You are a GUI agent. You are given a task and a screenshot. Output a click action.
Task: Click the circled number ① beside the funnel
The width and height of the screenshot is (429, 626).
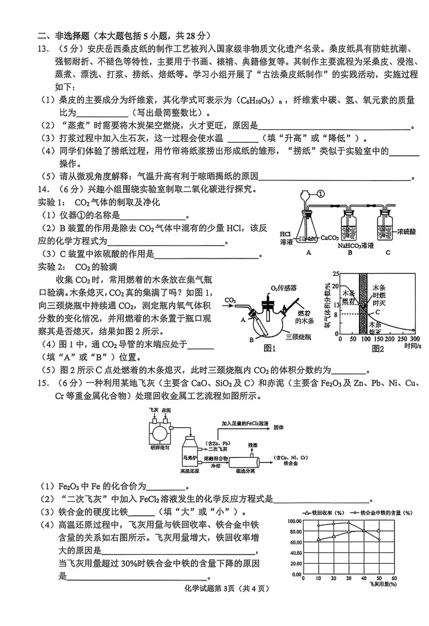321,194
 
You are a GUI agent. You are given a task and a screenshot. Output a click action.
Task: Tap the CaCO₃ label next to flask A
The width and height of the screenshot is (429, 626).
329,238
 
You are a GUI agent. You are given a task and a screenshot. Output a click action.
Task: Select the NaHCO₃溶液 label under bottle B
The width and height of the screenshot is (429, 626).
356,246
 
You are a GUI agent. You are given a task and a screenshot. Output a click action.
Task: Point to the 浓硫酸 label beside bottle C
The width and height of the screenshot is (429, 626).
406,231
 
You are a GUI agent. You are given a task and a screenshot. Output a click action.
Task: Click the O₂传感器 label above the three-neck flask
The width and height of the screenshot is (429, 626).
283,288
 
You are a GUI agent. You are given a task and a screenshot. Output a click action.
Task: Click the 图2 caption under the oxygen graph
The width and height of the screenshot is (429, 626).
378,349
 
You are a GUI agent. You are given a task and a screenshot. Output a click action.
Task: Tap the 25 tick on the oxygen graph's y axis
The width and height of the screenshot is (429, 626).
336,274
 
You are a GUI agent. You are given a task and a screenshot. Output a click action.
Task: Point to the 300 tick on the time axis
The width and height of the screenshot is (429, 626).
415,339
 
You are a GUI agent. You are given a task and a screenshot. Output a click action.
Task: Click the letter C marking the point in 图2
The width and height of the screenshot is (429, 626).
378,312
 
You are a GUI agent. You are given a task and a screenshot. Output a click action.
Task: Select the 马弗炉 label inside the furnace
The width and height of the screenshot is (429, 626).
189,458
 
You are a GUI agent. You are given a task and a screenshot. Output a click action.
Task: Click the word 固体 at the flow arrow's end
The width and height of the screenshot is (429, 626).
278,427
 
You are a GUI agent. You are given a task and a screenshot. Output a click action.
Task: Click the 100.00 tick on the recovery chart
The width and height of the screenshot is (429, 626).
294,521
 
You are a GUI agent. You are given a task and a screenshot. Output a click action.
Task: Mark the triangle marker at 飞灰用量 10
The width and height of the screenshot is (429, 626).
319,540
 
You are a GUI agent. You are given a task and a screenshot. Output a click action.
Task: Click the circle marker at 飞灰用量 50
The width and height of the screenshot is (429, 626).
379,539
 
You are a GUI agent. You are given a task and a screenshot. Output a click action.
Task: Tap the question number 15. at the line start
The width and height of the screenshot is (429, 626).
44,383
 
